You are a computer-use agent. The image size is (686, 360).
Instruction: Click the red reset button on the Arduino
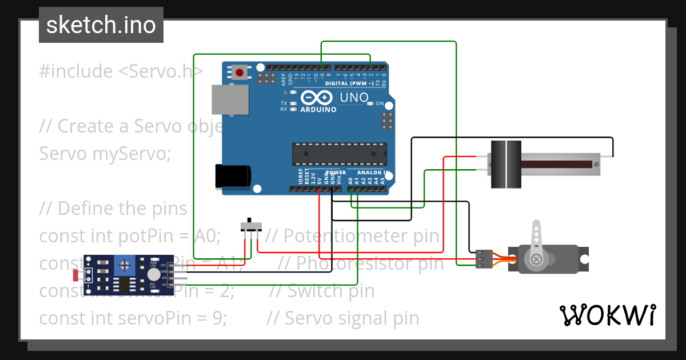tap(239, 73)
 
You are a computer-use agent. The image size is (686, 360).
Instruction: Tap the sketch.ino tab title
tap(101, 25)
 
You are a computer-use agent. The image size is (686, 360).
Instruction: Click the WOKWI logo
tap(607, 315)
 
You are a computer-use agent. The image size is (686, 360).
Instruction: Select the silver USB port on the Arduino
tap(230, 99)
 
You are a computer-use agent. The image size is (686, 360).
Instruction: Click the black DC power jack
tap(232, 177)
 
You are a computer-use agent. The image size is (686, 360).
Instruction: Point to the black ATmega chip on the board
tap(340, 154)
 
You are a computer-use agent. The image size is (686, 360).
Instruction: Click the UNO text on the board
tap(354, 98)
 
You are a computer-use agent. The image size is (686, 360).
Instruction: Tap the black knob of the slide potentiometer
tap(506, 164)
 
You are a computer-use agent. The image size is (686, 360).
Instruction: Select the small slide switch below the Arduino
tap(250, 224)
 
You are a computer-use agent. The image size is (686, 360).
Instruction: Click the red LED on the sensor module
tap(76, 275)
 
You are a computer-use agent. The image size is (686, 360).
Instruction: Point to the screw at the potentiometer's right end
tap(596, 165)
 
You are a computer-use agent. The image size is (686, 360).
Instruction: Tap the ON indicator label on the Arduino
tap(379, 104)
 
